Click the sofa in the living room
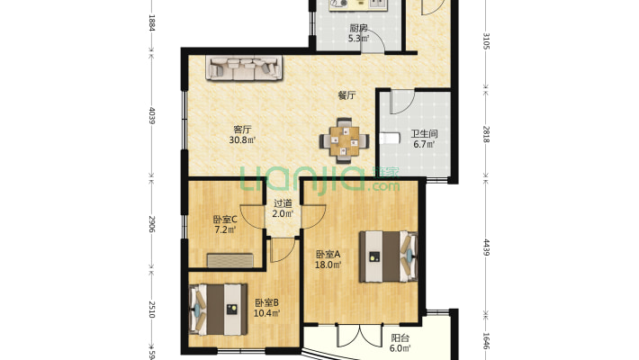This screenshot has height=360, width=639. click(244, 67)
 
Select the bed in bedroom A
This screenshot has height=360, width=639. click(389, 256)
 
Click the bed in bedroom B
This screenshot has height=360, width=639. click(218, 310)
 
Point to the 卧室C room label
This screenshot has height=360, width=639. click(225, 220)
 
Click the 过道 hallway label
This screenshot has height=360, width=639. click(283, 203)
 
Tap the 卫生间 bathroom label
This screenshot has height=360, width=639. click(424, 134)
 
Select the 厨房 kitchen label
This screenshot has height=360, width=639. click(358, 29)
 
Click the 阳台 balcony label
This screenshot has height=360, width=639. click(400, 338)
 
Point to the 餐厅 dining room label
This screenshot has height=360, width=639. click(346, 95)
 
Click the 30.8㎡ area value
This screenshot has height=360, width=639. click(242, 140)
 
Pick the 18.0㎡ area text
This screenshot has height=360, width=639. click(328, 265)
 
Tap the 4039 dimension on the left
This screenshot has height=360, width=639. click(151, 115)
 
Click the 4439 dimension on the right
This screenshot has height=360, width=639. click(486, 247)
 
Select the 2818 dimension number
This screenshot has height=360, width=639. click(486, 134)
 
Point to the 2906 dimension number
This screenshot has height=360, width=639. click(151, 224)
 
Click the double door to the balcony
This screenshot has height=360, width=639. click(360, 336)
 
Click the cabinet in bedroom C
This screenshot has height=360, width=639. click(230, 260)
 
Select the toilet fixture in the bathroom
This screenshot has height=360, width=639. click(388, 139)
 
